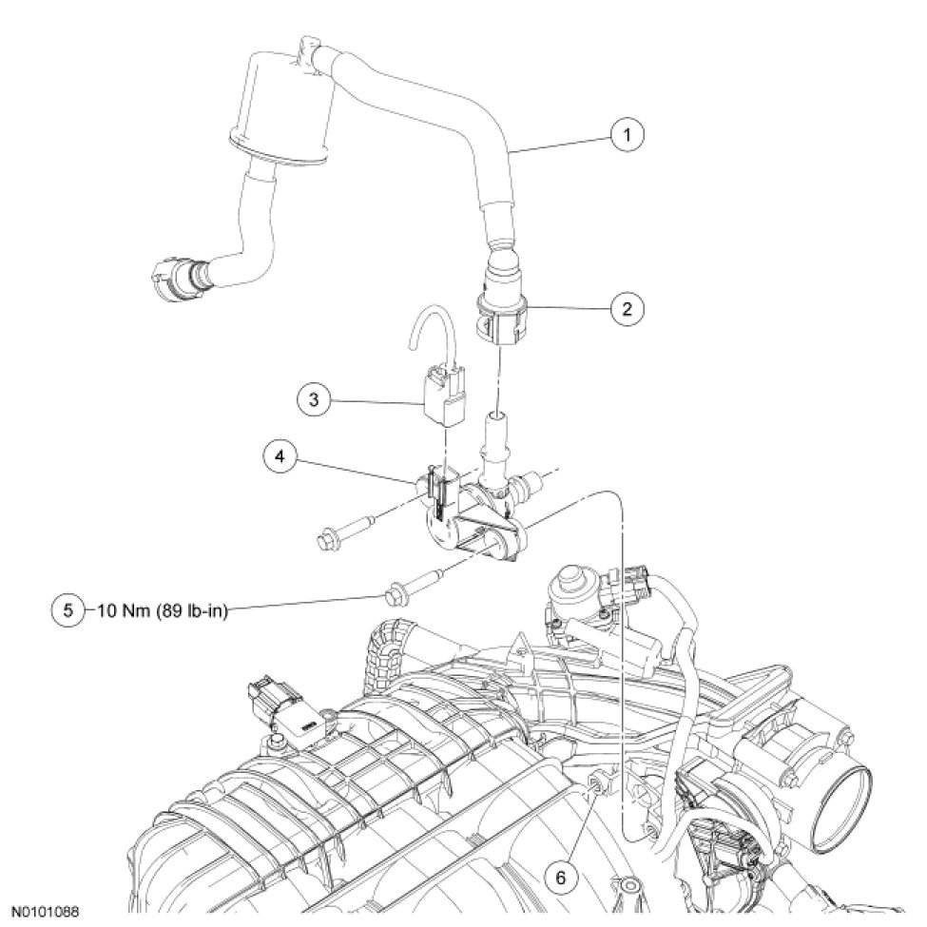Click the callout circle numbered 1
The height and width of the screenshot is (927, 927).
pos(627,136)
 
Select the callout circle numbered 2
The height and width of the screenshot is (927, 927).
pos(627,308)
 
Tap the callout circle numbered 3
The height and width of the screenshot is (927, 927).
pos(314,398)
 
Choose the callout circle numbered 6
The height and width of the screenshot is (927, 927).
pos(560,878)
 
